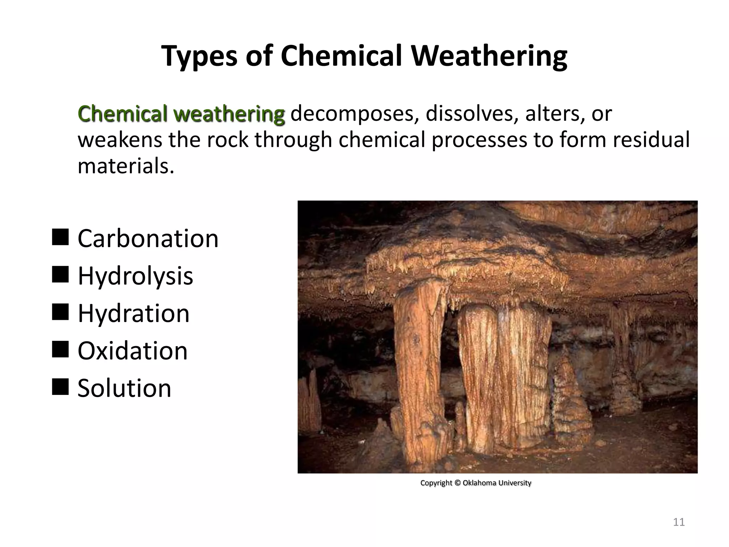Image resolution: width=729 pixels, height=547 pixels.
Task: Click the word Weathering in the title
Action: [x=489, y=56]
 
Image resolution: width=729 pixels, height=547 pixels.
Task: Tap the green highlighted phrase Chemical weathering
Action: [x=181, y=114]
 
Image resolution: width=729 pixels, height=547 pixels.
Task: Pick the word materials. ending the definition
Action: [x=126, y=166]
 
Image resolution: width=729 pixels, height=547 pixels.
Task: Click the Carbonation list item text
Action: [x=148, y=239]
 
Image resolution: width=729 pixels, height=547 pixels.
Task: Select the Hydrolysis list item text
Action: [x=135, y=276]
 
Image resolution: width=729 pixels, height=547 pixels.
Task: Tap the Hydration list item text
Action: [x=133, y=313]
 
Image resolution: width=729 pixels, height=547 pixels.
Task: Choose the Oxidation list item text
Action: [x=132, y=351]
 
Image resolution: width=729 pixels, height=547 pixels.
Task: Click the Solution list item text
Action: [x=124, y=388]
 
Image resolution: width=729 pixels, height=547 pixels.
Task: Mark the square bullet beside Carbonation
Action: [x=60, y=237]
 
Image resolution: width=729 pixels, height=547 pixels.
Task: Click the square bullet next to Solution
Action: [x=60, y=387]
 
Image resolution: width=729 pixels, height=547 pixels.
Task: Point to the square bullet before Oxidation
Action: [x=60, y=349]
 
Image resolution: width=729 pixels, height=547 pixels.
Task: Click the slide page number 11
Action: [x=679, y=522]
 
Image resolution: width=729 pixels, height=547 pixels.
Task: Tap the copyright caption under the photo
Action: [x=476, y=483]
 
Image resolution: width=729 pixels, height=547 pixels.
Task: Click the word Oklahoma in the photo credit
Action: [x=479, y=483]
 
